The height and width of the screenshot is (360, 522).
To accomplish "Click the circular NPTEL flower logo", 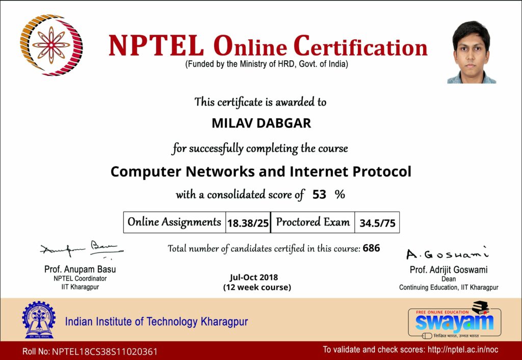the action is pos(51,45).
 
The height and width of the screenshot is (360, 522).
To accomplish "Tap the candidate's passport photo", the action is pos(472,52).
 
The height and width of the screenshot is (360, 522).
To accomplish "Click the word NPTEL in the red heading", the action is pos(156,46).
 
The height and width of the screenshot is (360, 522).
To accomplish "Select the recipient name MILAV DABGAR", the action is pos(262,123).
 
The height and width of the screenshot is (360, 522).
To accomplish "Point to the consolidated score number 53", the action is pos(319,194).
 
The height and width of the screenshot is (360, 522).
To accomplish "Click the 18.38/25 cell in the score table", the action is pos(248,222).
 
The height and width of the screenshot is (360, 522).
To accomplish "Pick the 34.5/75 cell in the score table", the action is pos(377,222).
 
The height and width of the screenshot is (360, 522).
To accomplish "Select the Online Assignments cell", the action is pos(174,222).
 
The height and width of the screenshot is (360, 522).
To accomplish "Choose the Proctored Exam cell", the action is pos(313,222).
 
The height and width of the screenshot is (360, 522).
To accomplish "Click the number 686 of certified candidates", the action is pos(372,248).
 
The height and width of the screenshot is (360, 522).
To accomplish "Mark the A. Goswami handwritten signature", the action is pos(448,254).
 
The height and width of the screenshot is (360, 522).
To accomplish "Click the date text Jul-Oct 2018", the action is pos(254,277).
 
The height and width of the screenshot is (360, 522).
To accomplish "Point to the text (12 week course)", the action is pos(257,287).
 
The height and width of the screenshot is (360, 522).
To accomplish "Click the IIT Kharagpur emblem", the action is pos(39,320).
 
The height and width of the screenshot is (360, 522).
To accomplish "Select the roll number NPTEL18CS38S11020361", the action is pos(105,352).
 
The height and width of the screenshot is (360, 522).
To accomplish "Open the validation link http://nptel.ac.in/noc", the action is pos(463,350).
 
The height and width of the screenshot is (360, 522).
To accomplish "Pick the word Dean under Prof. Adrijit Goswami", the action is pos(449,279).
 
